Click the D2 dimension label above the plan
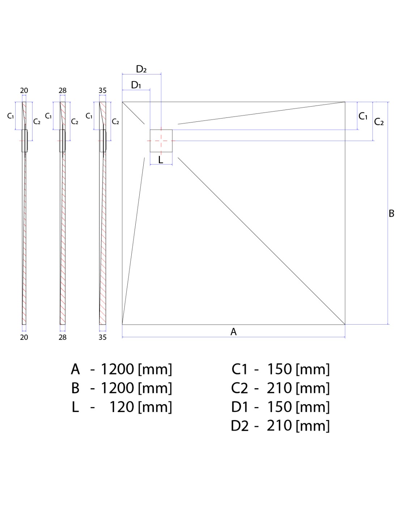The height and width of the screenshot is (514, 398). point(141,69)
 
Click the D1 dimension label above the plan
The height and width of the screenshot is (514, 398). point(136,85)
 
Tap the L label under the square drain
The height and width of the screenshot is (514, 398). point(161,160)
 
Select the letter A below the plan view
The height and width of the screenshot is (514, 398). point(233,331)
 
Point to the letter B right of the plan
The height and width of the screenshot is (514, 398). point(391,213)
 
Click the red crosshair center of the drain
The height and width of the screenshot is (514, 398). point(161,141)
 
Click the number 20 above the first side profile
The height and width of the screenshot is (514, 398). point(24,90)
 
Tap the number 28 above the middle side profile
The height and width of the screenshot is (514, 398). point(63,90)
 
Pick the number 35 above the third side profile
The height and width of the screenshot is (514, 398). point(102,90)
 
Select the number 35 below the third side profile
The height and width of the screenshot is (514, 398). point(102,337)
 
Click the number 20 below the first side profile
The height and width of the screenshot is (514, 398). point(24,337)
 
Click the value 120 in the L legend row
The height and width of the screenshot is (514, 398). point(122,407)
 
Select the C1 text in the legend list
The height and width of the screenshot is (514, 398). point(240,369)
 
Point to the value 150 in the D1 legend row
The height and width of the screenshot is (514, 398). point(279,407)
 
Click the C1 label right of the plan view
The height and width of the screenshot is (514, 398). point(363,116)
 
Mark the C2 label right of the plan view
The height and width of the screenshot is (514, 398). point(378,122)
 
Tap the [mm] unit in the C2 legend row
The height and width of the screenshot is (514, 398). point(313,388)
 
